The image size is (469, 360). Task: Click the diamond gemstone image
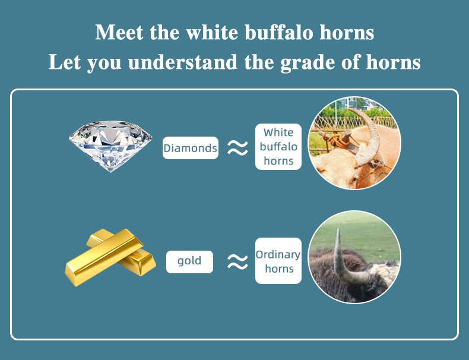[110, 146]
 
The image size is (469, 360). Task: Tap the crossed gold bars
[110, 257]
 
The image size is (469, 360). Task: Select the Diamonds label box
[191, 148]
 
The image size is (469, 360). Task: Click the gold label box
[189, 262]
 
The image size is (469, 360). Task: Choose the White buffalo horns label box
[278, 147]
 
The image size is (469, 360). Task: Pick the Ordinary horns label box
[278, 261]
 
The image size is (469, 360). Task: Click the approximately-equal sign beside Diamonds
[237, 148]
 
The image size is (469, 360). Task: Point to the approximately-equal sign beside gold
[237, 262]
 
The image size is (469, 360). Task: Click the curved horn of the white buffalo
[372, 135]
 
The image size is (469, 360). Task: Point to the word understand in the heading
[183, 62]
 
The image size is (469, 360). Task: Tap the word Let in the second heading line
[65, 62]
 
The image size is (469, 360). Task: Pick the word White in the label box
[278, 132]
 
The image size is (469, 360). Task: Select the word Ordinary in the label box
[278, 255]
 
